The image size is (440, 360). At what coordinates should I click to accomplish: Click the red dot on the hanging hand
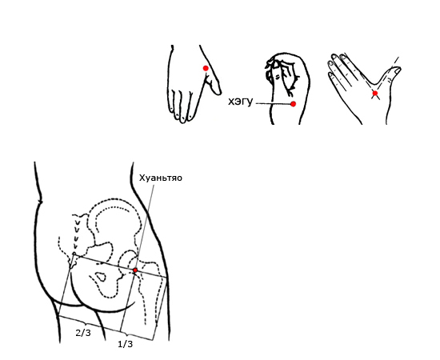(x=206, y=68)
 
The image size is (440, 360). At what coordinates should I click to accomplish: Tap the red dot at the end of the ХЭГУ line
(x=293, y=104)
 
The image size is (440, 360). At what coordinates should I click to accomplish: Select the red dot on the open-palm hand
(x=375, y=93)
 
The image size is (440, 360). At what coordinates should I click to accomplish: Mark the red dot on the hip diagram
(x=135, y=270)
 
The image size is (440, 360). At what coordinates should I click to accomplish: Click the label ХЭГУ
(x=241, y=102)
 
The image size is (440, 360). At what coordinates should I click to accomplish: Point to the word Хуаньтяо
(x=161, y=178)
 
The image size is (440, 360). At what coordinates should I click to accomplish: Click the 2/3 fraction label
(x=83, y=333)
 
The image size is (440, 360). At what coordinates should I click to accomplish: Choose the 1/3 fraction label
(x=125, y=344)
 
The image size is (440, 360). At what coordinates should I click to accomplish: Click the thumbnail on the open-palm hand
(x=397, y=70)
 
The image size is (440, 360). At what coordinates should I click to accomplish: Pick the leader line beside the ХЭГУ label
(x=273, y=103)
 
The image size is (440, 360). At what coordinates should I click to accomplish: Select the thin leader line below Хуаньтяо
(x=145, y=226)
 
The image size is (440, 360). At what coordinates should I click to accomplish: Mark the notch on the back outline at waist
(x=41, y=201)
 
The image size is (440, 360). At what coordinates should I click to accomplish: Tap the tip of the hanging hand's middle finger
(x=182, y=120)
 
